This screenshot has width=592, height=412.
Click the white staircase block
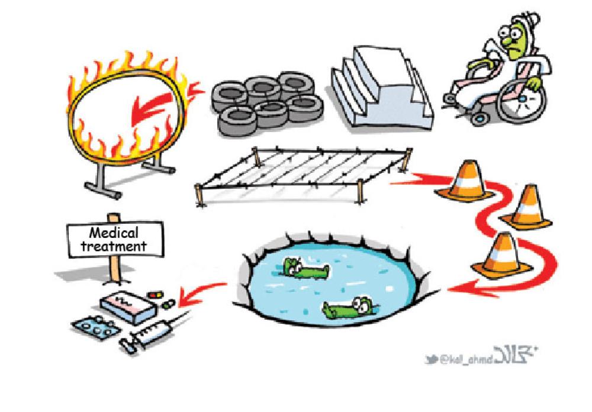tap(379, 89)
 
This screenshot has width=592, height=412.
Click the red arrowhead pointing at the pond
tap(453, 289)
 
